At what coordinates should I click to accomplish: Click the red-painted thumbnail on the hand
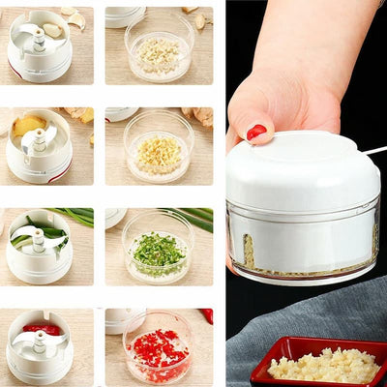[255, 132]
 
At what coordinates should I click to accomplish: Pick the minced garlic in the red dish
[323, 366]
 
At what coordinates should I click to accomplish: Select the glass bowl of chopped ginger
[159, 150]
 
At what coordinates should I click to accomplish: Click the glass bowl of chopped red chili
[158, 348]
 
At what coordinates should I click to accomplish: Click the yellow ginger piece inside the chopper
[26, 127]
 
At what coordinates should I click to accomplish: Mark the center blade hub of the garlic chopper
[39, 39]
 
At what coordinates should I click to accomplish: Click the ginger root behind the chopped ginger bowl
[200, 115]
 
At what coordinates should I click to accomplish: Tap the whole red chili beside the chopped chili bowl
[206, 315]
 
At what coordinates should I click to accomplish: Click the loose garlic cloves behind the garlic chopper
[73, 16]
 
